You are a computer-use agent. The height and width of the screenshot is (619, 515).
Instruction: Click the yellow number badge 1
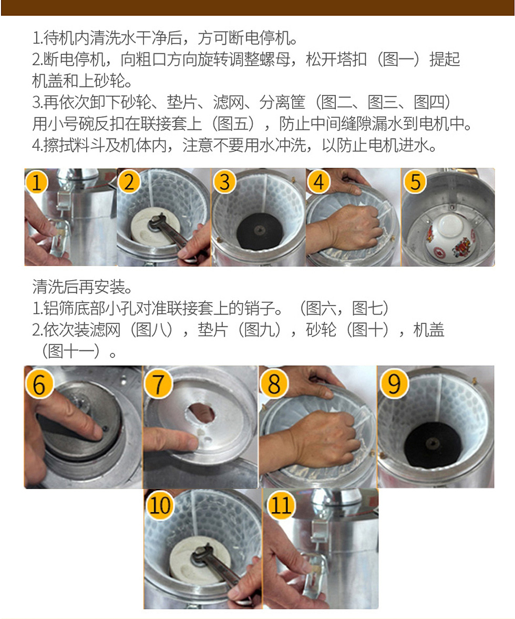coord(37,182)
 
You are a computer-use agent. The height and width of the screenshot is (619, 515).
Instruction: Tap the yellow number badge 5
coord(415,182)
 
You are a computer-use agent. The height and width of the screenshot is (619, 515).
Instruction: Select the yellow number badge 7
coord(158,384)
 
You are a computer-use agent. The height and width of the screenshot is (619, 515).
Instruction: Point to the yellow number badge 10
coord(160,505)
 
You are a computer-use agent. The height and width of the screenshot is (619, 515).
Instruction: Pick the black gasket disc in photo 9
coord(434,443)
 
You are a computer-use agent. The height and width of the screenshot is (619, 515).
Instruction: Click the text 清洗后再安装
coord(82,287)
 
